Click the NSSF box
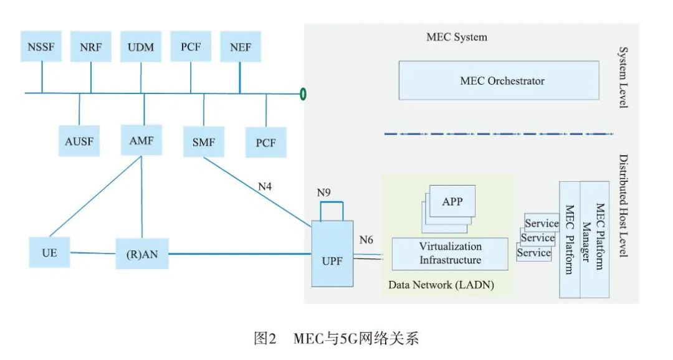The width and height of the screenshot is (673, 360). tap(41, 47)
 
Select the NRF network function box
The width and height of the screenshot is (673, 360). tap(91, 47)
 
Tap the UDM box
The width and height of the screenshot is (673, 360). tap(141, 47)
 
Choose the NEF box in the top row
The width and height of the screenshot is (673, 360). tap(241, 47)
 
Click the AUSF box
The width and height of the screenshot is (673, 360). tap(79, 142)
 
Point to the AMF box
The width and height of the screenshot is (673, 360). tap(141, 141)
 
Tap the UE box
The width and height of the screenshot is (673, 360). tap(50, 253)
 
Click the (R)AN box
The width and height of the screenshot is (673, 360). tap(142, 253)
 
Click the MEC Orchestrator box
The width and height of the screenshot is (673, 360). tap(502, 81)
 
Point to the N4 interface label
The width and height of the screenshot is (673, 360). tap(265, 185)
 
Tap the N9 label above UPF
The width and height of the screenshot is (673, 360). tap(323, 192)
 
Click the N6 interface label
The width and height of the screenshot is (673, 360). tap(367, 239)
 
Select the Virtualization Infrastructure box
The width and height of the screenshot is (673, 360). tap(450, 253)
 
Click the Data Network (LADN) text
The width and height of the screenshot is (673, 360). tap(441, 285)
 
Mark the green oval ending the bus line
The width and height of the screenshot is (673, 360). tap(303, 94)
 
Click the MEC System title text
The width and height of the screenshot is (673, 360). tap(457, 37)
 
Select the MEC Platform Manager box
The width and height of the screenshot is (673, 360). tap(595, 239)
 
